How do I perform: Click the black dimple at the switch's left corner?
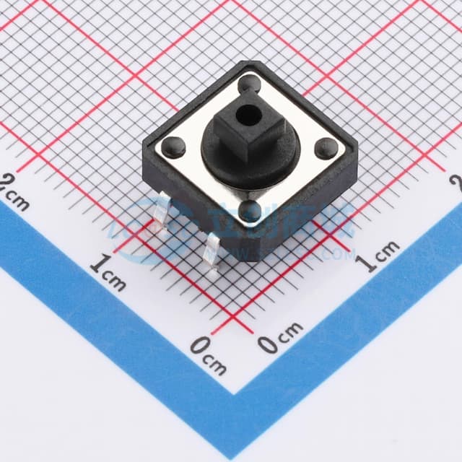click(x=175, y=146)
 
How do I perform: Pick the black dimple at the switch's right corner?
click(x=327, y=148)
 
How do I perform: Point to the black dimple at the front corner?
click(x=250, y=211)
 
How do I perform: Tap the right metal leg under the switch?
click(x=212, y=253)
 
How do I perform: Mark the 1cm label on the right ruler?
click(x=380, y=255)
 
